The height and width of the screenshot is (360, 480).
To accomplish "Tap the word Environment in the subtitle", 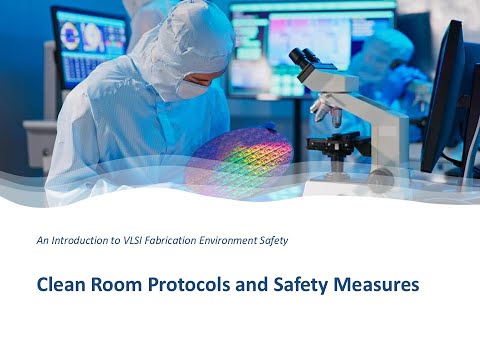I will (x=263, y=239).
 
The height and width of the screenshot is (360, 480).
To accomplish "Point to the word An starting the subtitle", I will (x=41, y=239).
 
